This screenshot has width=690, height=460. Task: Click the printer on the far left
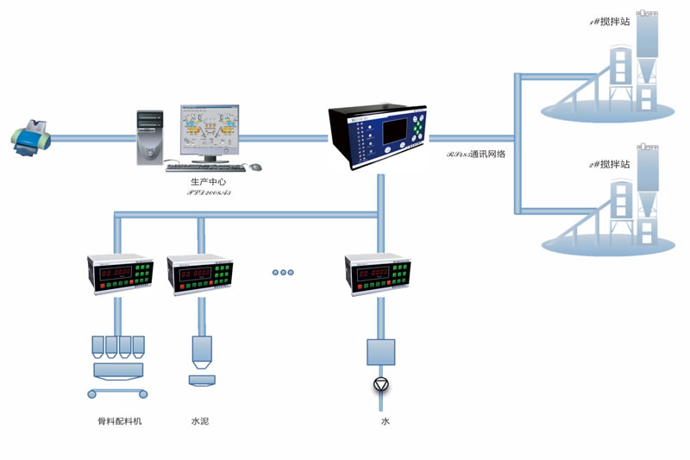coord(33,138)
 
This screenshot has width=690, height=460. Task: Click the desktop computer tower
coord(149,135)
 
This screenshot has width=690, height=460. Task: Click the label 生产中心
coord(208,182)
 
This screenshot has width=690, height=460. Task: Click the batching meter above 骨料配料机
coord(117,275)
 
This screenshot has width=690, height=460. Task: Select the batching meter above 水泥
coord(202,275)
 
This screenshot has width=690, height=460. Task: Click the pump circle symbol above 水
coord(379,383)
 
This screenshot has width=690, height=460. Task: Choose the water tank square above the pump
coord(379,352)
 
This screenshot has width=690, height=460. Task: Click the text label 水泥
coord(200,421)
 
